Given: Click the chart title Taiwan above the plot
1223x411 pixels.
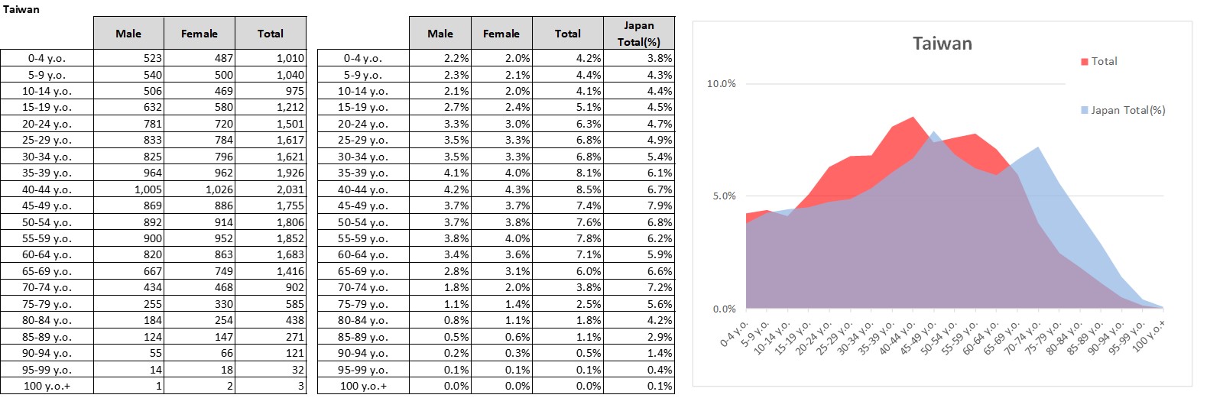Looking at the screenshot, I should [942, 44].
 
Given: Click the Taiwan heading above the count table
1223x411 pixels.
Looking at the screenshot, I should [21, 9].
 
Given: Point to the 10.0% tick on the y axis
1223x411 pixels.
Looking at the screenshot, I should [721, 84].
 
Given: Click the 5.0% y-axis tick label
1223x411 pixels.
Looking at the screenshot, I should [724, 196].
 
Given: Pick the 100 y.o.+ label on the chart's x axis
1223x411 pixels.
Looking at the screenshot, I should [1150, 335].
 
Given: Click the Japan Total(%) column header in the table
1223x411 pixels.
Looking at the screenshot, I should [638, 34].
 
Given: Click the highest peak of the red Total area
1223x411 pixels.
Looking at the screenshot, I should [913, 118].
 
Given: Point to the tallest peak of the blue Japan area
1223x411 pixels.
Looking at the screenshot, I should [933, 132].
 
